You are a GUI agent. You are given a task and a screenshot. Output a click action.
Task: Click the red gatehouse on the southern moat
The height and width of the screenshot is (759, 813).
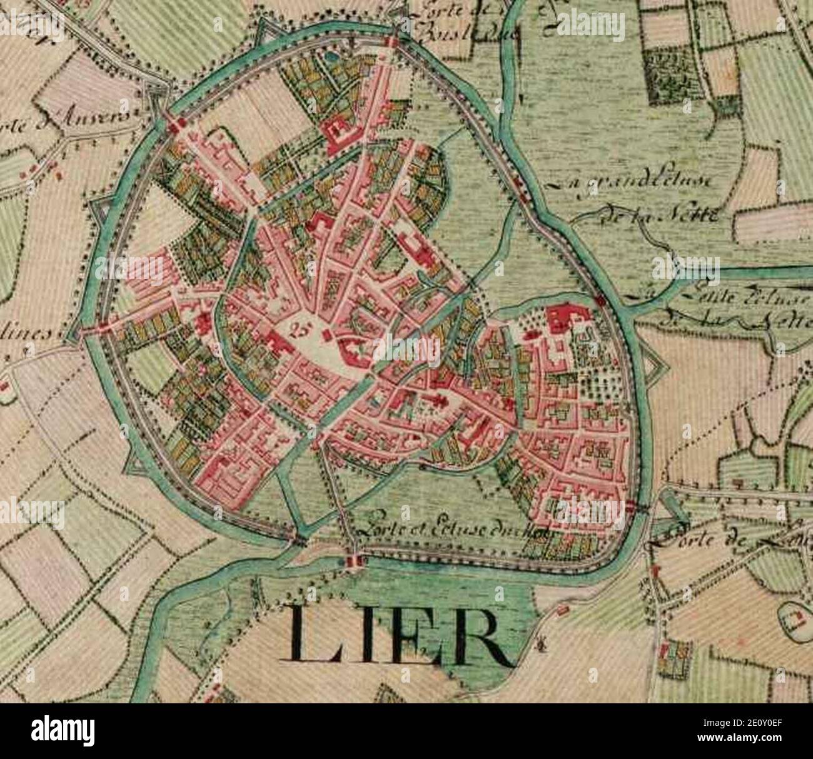click(353, 561)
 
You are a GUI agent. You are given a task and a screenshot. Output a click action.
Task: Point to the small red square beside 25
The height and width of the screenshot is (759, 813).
click(325, 336)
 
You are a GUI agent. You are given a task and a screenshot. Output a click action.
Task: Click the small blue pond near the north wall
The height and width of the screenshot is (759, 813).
click(330, 56)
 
